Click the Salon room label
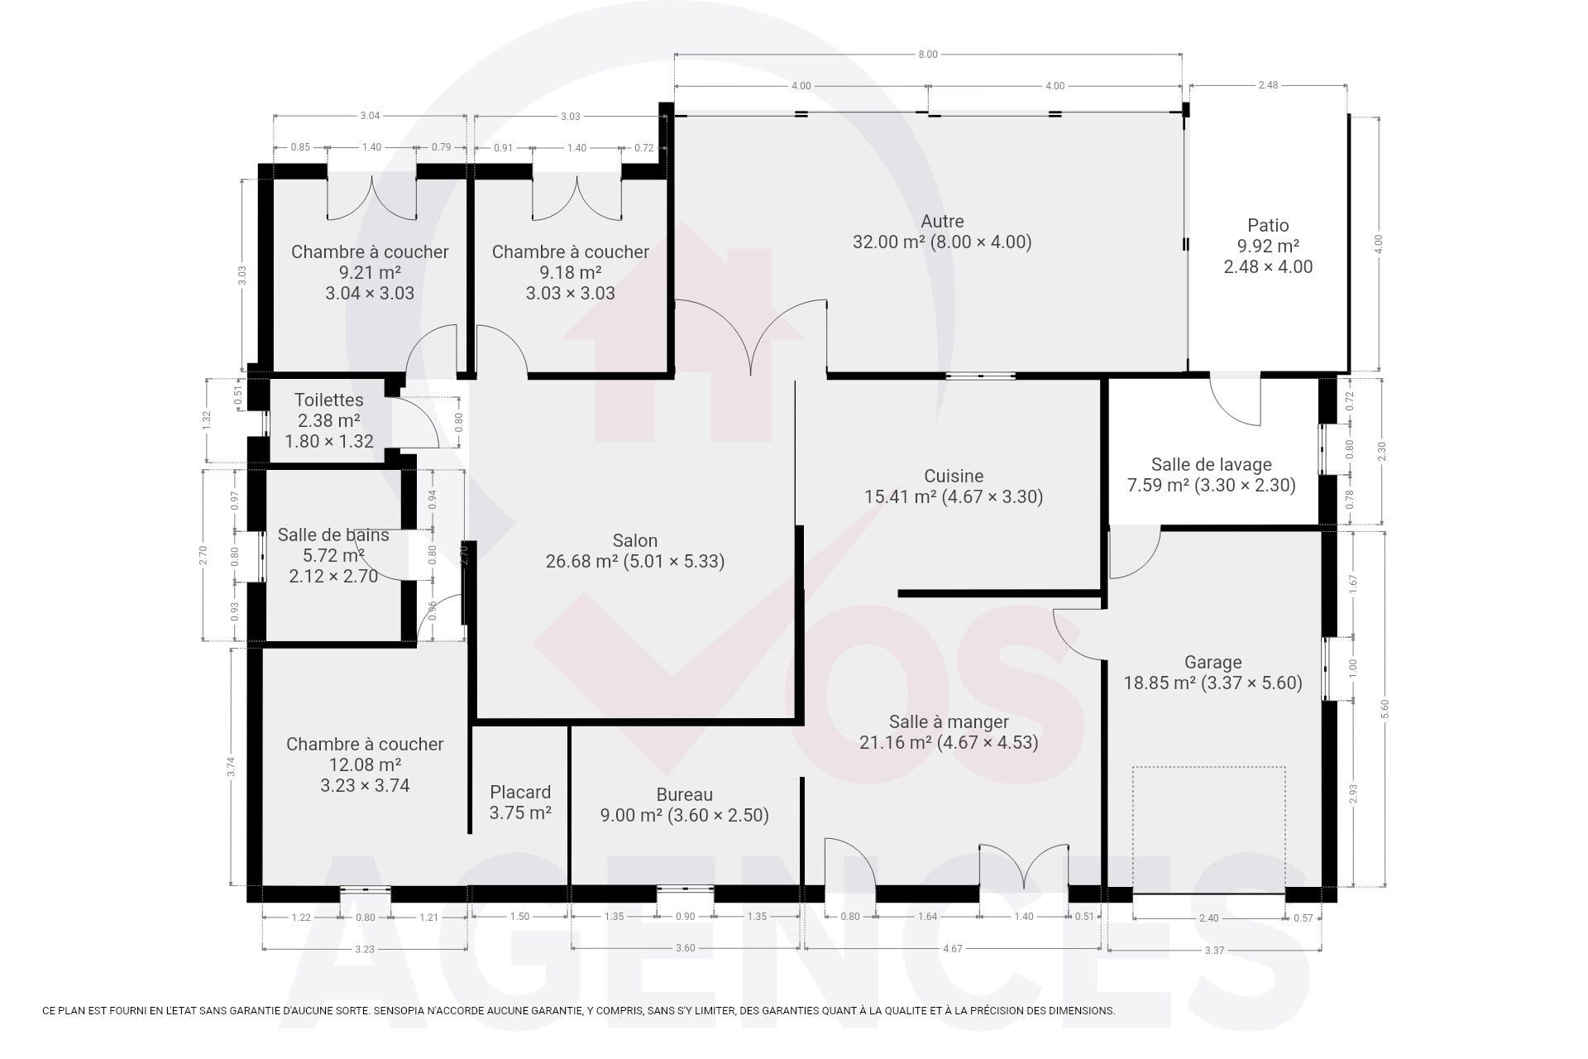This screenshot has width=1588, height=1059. coord(635,541)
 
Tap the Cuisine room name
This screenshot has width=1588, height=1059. coord(954,477)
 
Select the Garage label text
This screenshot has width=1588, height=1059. coord(1213,663)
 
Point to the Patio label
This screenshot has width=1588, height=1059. coord(1268,225)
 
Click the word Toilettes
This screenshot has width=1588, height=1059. coord(329,400)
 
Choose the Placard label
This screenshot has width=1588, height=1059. coord(520,793)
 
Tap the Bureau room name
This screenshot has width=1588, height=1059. coord(685,795)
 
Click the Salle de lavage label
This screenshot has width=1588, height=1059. coord(1212,465)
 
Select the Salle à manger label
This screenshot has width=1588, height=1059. coord(949,722)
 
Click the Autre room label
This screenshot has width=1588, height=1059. coord(942,222)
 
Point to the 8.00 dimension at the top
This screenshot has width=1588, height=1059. coord(928,55)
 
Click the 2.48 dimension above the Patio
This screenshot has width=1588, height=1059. coord(1268,85)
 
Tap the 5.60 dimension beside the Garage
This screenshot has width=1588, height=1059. coord(1385,710)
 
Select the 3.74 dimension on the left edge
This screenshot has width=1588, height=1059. coord(232,767)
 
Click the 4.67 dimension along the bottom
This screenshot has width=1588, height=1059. coord(953,949)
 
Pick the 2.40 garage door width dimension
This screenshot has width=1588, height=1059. coord(1208,918)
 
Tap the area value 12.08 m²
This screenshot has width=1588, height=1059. coord(365,765)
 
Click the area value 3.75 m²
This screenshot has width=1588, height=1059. coord(520,813)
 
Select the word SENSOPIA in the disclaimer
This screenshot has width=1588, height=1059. coord(401,1011)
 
